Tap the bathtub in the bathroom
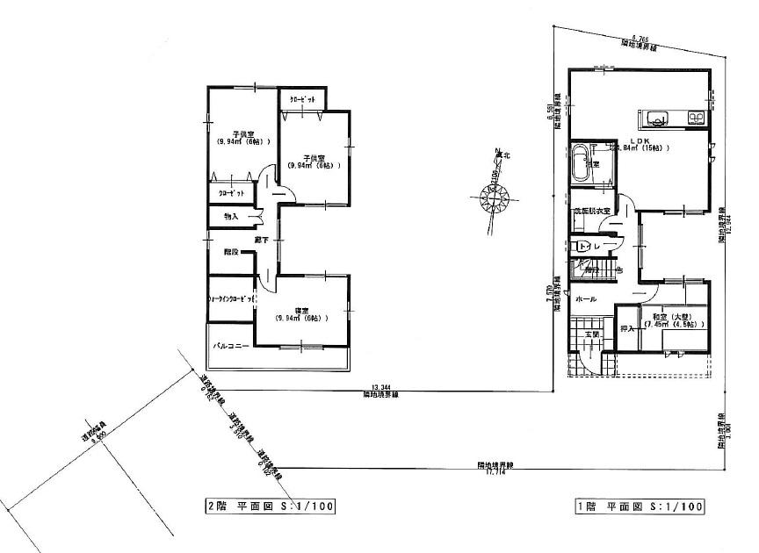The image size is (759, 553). tap(582, 164)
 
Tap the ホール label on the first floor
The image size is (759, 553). tap(585, 299)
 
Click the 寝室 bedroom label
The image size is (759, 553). tap(301, 314)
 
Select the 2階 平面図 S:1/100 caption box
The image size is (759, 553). tap(269, 506)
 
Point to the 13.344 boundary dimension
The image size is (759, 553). tap(380, 386)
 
